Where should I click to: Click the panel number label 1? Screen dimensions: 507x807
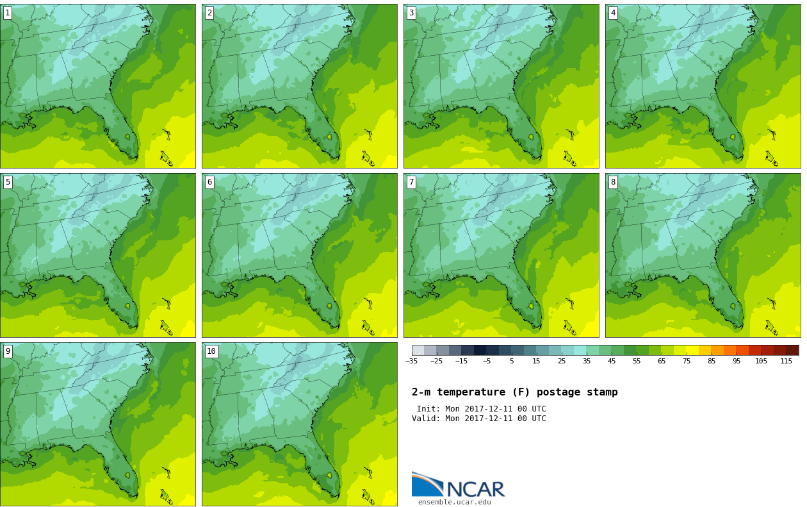pyautogui.click(x=8, y=13)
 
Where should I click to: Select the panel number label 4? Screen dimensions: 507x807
pyautogui.click(x=613, y=13)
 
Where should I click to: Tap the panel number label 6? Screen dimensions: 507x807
pyautogui.click(x=209, y=182)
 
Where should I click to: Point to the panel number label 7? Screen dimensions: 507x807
pyautogui.click(x=411, y=182)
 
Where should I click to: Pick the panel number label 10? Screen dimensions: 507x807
pyautogui.click(x=211, y=351)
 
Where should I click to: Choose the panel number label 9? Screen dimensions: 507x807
pyautogui.click(x=8, y=351)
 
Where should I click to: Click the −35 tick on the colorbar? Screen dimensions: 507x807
pyautogui.click(x=411, y=362)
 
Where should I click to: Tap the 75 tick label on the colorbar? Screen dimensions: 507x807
pyautogui.click(x=687, y=362)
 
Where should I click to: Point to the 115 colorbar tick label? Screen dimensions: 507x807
pyautogui.click(x=787, y=362)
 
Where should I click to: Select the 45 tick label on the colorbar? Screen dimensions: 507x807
pyautogui.click(x=612, y=362)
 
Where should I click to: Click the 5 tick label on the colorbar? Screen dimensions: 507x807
pyautogui.click(x=512, y=362)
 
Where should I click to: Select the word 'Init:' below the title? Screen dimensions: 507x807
pyautogui.click(x=428, y=409)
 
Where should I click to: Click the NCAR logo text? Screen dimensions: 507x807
pyautogui.click(x=475, y=490)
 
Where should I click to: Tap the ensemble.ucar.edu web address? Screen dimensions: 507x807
pyautogui.click(x=454, y=503)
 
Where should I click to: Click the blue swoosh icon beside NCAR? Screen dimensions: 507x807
pyautogui.click(x=427, y=485)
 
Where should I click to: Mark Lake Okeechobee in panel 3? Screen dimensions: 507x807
pyautogui.click(x=531, y=137)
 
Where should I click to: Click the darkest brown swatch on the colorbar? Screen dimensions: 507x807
pyautogui.click(x=792, y=350)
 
